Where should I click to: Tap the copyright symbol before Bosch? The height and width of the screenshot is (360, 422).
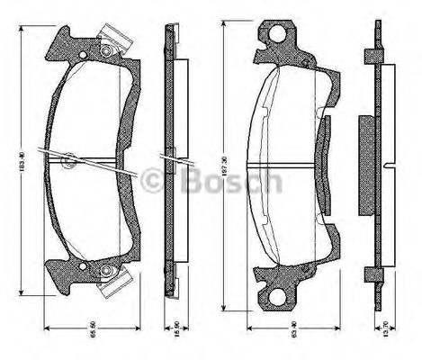(156, 180)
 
